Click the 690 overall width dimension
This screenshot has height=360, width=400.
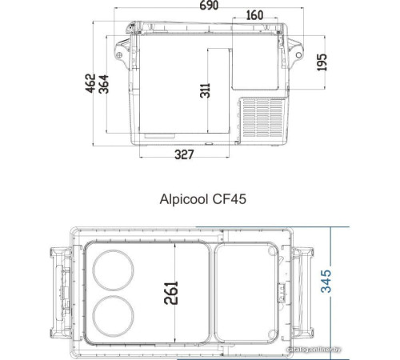tap(209, 5)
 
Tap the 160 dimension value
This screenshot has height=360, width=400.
tap(254, 15)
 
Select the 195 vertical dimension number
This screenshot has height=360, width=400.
tap(322, 62)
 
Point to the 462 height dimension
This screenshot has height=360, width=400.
tap(90, 83)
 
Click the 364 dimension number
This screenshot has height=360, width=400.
tap(104, 84)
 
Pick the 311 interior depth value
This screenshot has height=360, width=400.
tap(205, 90)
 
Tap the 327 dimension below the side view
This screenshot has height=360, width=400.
tap(184, 154)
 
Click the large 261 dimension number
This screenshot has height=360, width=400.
tap(170, 293)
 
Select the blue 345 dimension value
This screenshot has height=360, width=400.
tap(326, 282)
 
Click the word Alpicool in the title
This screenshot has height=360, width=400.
tap(184, 199)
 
